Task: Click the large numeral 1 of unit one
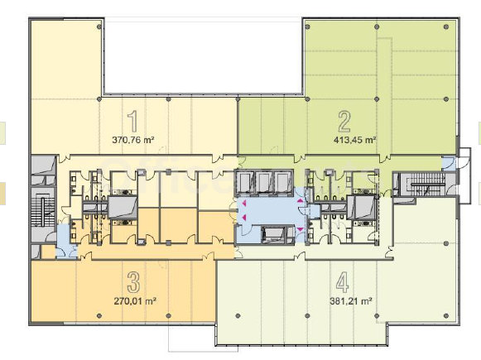[x=132, y=122]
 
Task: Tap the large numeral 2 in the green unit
[x=344, y=122]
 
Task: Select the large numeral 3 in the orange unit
[x=133, y=282]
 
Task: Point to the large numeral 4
[x=343, y=282]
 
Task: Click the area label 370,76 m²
[x=133, y=140]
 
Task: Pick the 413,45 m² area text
[x=355, y=140]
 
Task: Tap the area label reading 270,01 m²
[x=135, y=301]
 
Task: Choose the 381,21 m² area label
[x=351, y=301]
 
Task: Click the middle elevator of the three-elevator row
[x=264, y=183]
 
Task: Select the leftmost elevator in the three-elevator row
[x=245, y=183]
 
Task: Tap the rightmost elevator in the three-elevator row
[x=283, y=183]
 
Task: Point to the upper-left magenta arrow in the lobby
[x=245, y=203]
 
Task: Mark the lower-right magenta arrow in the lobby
[x=300, y=229]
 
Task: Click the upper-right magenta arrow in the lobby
[x=301, y=200]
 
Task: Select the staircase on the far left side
[x=43, y=208]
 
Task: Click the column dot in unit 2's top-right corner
[x=446, y=27]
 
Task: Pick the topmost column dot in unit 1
[x=99, y=27]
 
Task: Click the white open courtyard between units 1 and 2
[x=203, y=57]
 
